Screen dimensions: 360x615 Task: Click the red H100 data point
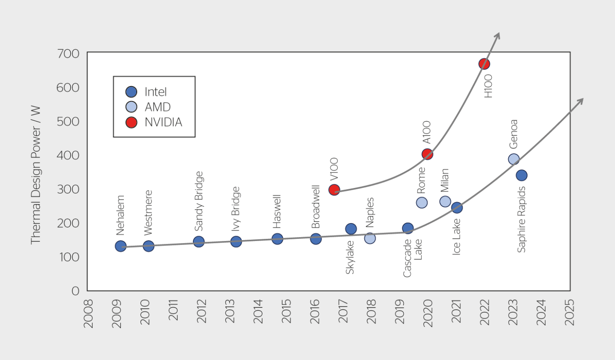[x=484, y=64]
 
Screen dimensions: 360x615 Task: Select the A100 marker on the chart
[x=427, y=154]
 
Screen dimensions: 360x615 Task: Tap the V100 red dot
[x=334, y=190]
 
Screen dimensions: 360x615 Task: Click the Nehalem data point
[x=120, y=246]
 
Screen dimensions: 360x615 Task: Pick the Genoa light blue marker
[x=514, y=159]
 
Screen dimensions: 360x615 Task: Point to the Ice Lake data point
[x=456, y=208]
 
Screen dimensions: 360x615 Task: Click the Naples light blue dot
[x=370, y=238]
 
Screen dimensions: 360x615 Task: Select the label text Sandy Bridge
[x=199, y=201]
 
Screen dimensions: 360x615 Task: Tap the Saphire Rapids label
[x=521, y=220]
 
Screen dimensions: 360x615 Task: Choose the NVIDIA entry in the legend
[x=163, y=122]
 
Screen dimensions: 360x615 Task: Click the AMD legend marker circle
[x=131, y=107]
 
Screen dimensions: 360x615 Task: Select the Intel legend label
[x=156, y=92]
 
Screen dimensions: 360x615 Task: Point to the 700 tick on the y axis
[x=68, y=54]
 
